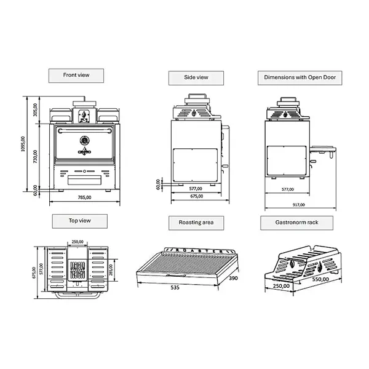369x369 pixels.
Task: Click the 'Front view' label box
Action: pos(76,76)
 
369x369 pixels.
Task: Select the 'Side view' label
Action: pos(196,77)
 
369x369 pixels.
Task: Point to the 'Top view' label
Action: pos(80,220)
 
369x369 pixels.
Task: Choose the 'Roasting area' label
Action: pos(196,221)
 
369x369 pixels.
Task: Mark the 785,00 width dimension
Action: pos(84,197)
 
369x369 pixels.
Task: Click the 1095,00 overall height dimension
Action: pos(23,145)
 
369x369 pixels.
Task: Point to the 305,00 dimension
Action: pos(36,109)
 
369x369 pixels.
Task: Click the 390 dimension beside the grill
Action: pos(232,279)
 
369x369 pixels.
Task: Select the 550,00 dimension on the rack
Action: pos(320,279)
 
